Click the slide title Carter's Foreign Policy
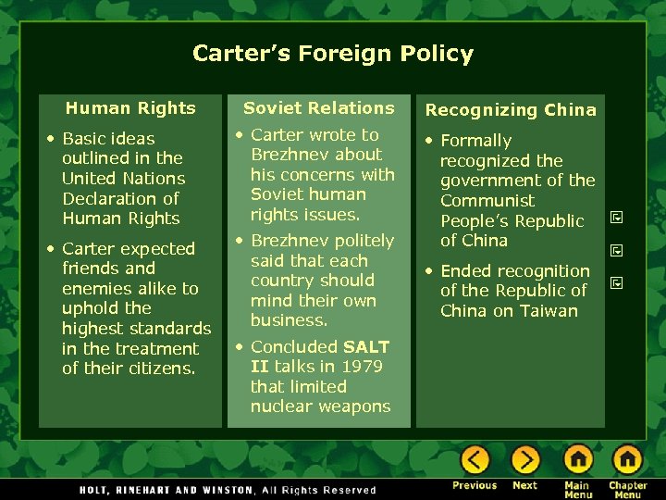click(332, 54)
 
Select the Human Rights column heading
click(130, 108)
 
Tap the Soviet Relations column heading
click(319, 108)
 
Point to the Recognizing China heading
click(511, 110)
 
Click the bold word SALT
click(366, 347)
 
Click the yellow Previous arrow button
click(475, 459)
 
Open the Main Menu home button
click(578, 459)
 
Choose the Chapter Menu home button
click(627, 459)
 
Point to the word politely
click(364, 241)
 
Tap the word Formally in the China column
click(475, 141)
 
